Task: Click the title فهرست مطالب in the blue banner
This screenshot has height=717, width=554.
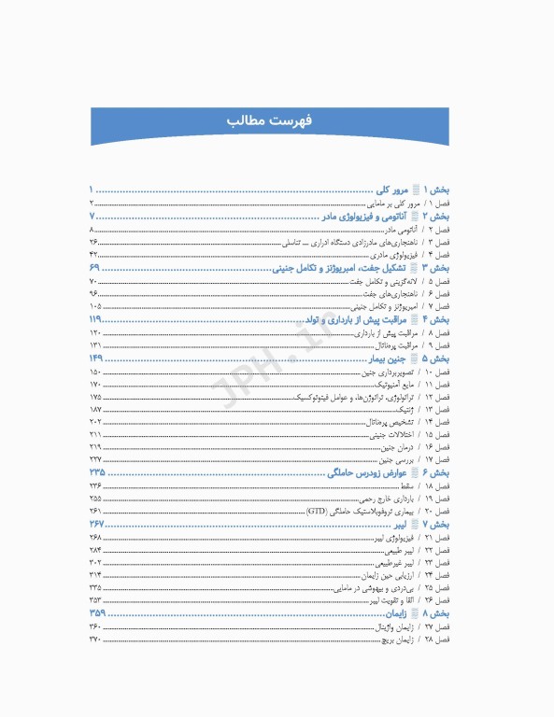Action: point(277,122)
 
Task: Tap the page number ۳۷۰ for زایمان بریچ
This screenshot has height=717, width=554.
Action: point(95,640)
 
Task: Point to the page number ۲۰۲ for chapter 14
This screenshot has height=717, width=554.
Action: point(95,422)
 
